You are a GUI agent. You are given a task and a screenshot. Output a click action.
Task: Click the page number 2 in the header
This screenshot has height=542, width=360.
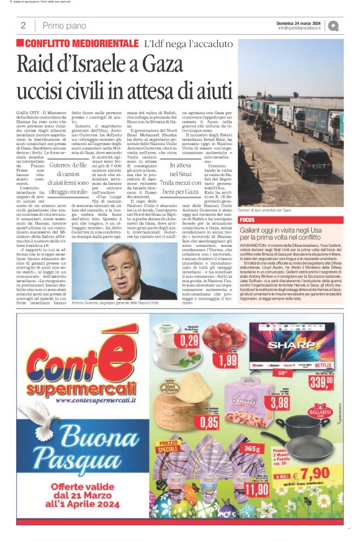(23, 25)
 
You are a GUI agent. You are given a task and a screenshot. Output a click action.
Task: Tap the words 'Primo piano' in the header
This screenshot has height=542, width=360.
(65, 25)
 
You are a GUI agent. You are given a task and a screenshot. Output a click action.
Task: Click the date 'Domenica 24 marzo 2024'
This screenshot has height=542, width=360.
(298, 23)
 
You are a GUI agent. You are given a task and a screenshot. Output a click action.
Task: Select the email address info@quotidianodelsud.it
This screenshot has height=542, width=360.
(299, 29)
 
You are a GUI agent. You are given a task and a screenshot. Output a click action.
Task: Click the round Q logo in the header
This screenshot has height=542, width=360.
(334, 26)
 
